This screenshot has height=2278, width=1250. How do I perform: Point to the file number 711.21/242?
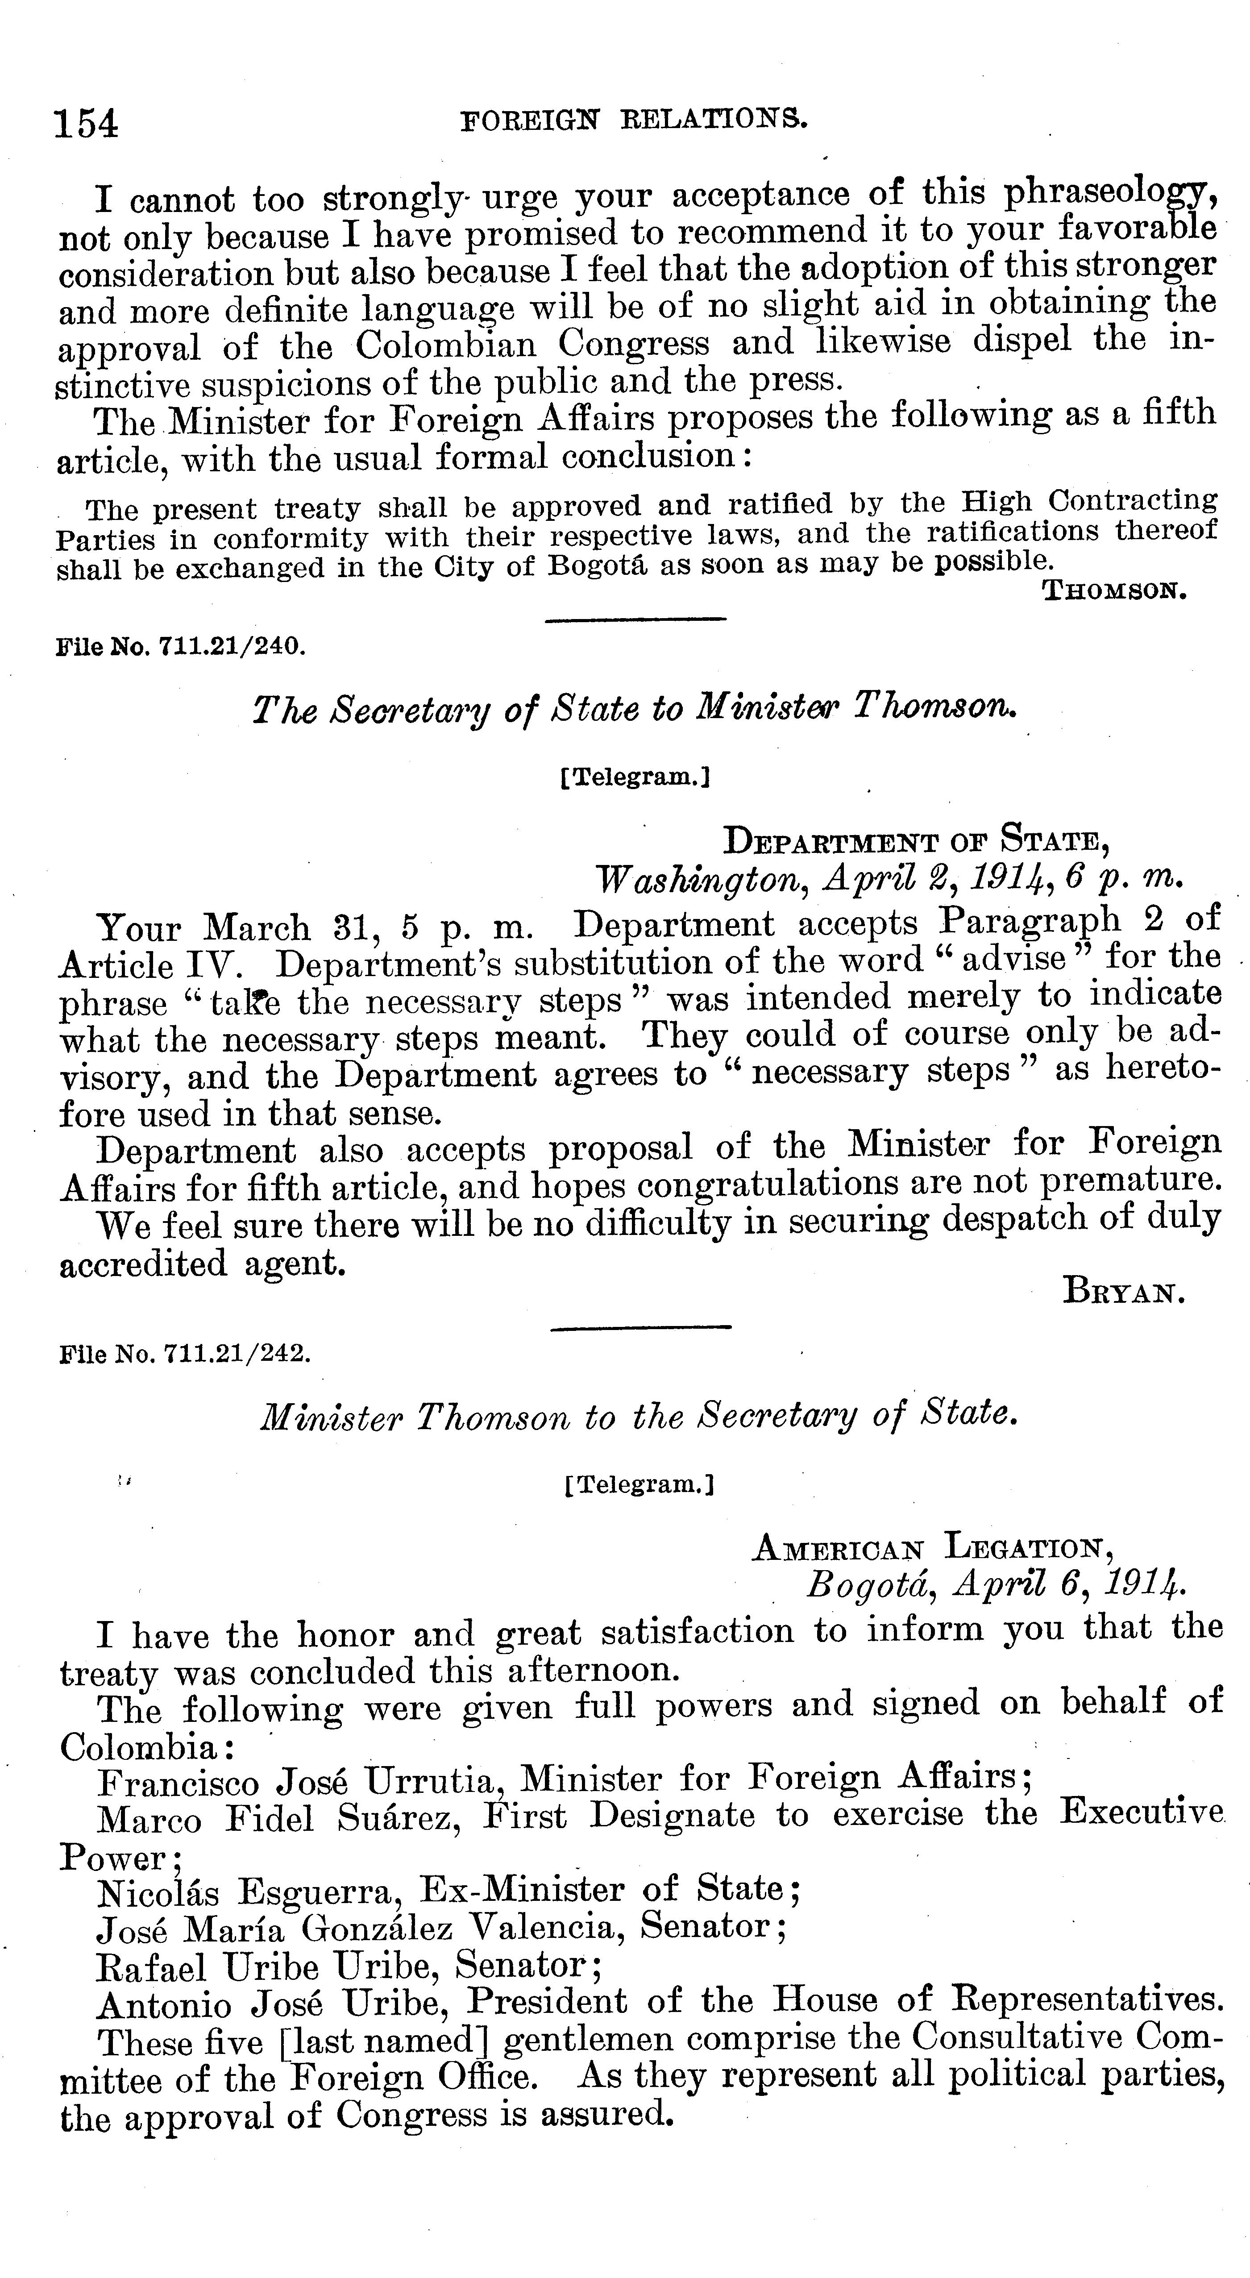[184, 1354]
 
